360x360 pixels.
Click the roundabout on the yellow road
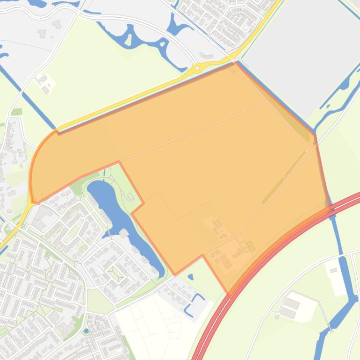click(197, 68)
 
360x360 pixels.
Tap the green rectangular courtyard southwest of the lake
click(115, 272)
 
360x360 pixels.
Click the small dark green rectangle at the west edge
click(16, 112)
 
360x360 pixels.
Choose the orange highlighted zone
click(210, 154)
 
